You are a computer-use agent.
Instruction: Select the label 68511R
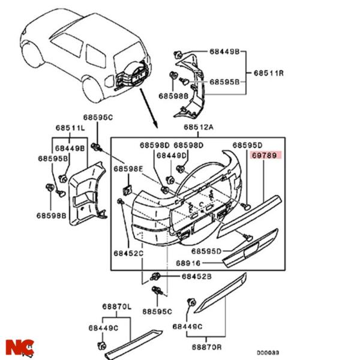tap(268, 73)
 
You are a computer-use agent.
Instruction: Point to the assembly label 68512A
tap(199, 128)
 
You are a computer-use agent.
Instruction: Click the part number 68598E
tap(129, 169)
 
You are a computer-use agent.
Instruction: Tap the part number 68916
tap(188, 263)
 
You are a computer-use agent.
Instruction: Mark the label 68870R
tap(207, 347)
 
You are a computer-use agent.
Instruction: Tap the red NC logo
tap(19, 347)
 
